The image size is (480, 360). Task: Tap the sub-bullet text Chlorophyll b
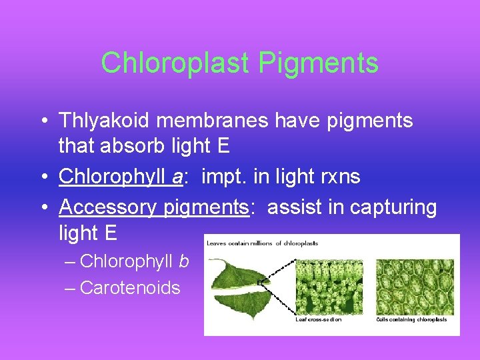pos(134,261)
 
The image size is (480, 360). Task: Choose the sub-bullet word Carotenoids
pos(130,288)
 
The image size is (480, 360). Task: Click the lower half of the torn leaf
pos(240,300)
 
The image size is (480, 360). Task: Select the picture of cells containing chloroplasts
pos(414,287)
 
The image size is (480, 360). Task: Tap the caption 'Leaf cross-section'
pos(318,319)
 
